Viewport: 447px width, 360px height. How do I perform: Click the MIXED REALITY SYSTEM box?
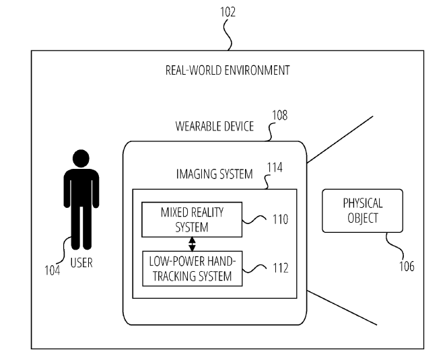tap(191, 220)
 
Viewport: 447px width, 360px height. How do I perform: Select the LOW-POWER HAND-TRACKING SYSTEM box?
tap(191, 268)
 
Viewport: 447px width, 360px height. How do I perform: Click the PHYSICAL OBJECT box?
tap(362, 210)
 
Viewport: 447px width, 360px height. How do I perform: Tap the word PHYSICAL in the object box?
tap(362, 203)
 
